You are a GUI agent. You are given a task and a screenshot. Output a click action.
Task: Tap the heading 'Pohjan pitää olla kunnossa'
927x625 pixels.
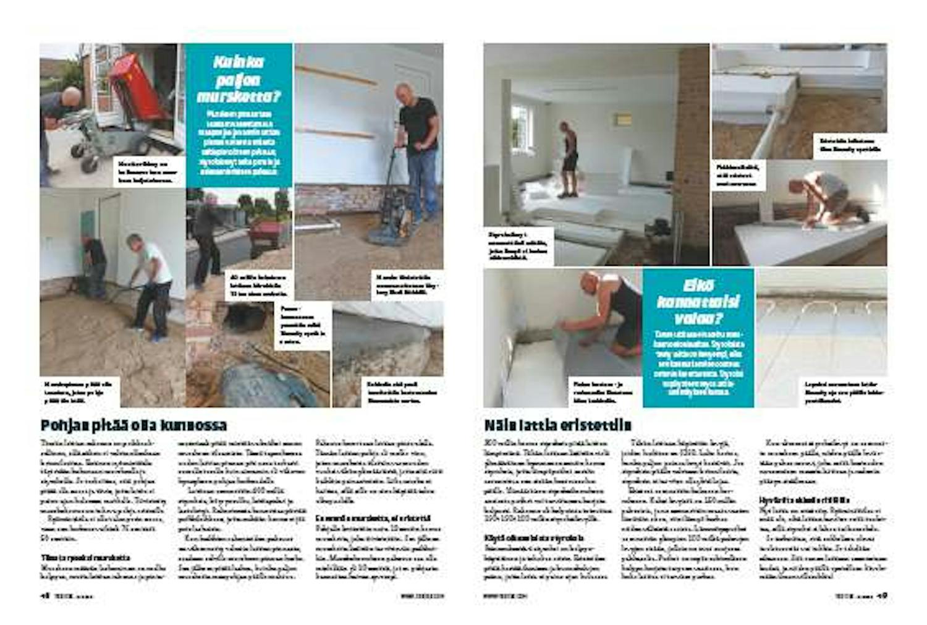pyautogui.click(x=133, y=425)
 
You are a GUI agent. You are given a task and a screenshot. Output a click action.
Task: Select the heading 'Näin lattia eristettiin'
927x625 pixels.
pyautogui.click(x=557, y=425)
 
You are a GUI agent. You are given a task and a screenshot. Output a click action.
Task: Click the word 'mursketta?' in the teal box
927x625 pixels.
pyautogui.click(x=239, y=97)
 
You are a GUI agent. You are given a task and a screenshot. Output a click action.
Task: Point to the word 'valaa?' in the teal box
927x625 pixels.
pyautogui.click(x=698, y=319)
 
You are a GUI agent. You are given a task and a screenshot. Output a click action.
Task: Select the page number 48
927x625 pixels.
pyautogui.click(x=44, y=596)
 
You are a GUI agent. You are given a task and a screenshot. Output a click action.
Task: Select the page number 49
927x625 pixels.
pyautogui.click(x=882, y=596)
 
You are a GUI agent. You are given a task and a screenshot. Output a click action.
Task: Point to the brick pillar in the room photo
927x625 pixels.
pyautogui.click(x=693, y=148)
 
